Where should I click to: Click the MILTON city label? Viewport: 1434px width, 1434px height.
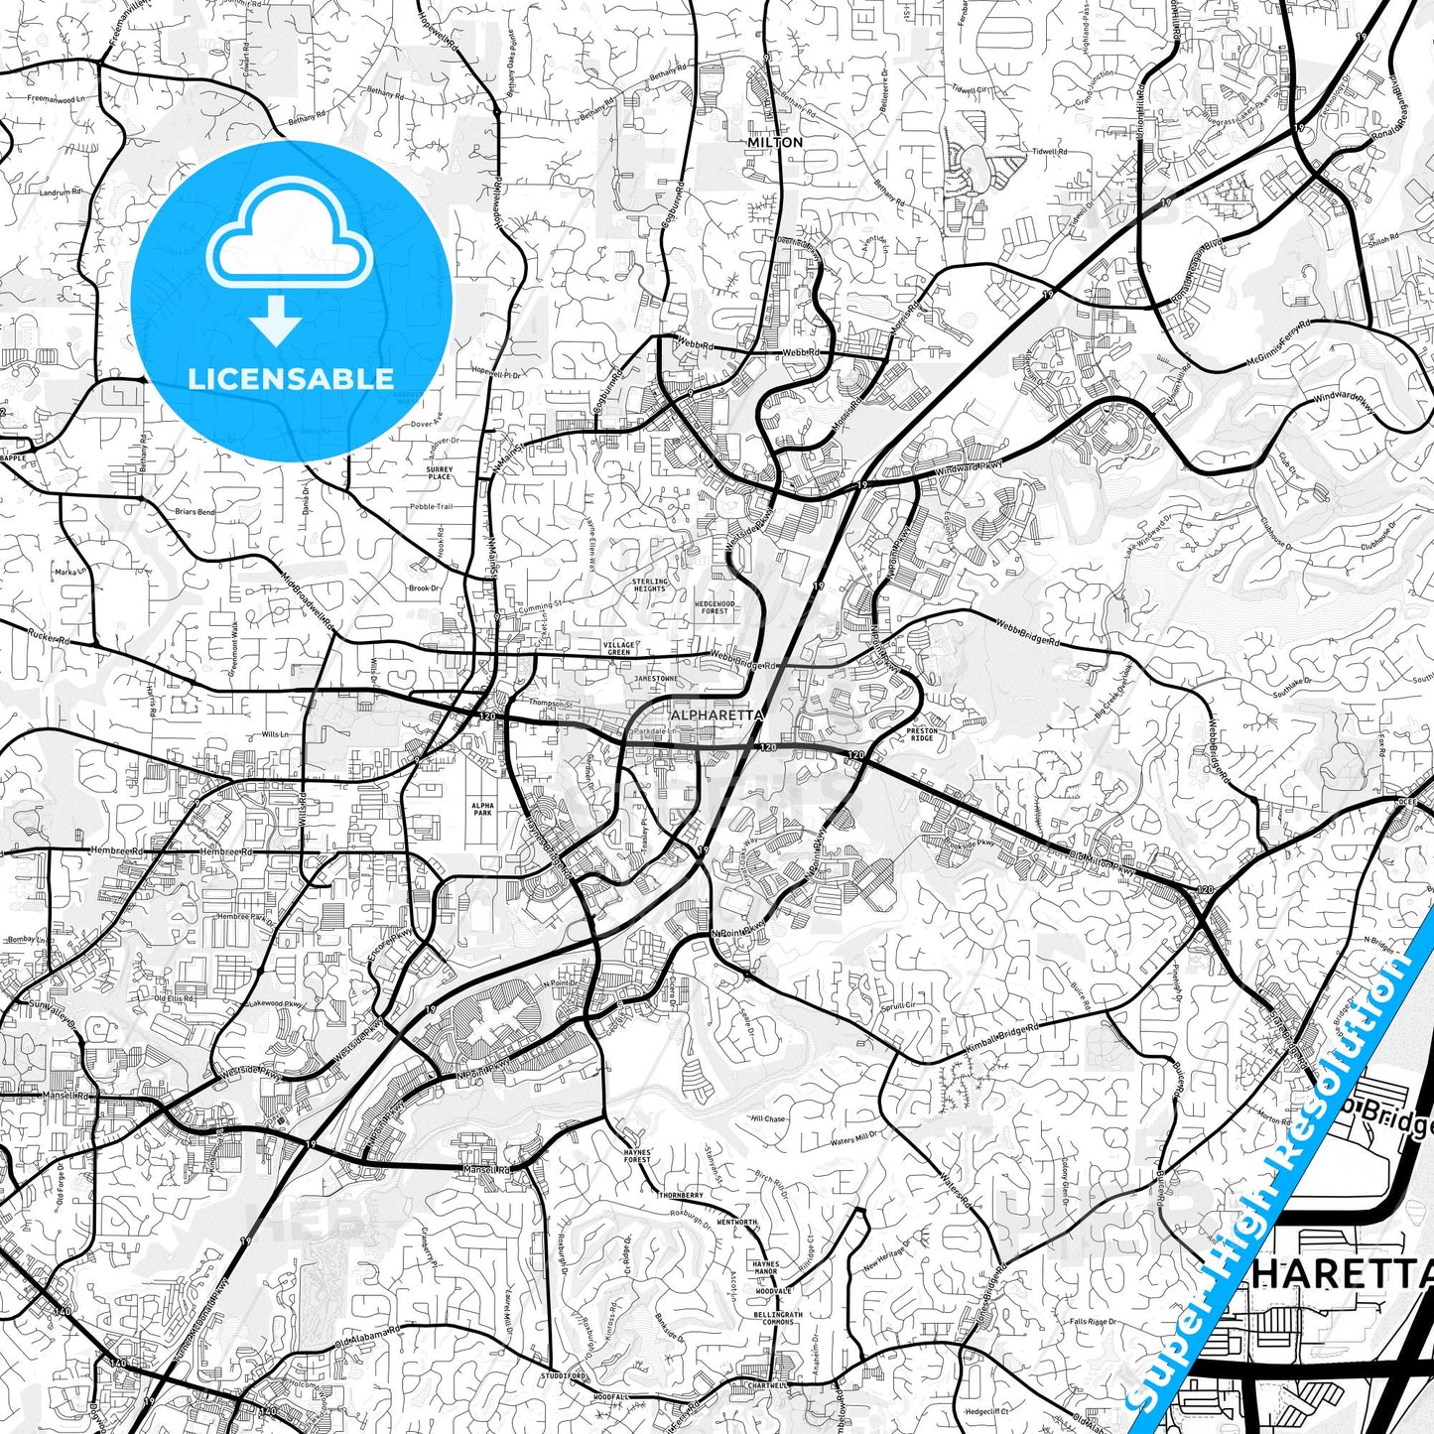[x=775, y=142]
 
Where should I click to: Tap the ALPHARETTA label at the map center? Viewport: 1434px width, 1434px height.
[x=717, y=715]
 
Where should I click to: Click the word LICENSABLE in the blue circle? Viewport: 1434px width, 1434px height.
[x=291, y=378]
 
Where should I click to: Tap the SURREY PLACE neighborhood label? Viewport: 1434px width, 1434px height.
[x=439, y=472]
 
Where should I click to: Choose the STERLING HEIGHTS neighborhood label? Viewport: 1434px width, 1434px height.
[x=650, y=585]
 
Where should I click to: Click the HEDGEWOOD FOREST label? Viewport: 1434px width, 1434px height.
[x=715, y=606]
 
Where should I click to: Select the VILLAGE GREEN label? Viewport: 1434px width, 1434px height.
[x=617, y=647]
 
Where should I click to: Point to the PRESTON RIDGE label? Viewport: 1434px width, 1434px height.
[x=922, y=734]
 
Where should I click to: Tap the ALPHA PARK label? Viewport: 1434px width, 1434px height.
[x=482, y=808]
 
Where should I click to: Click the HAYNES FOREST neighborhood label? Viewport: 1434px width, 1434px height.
[x=637, y=1156]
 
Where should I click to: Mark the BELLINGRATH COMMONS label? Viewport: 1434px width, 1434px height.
[x=773, y=1318]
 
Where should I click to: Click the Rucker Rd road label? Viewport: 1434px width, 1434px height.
[x=50, y=640]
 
